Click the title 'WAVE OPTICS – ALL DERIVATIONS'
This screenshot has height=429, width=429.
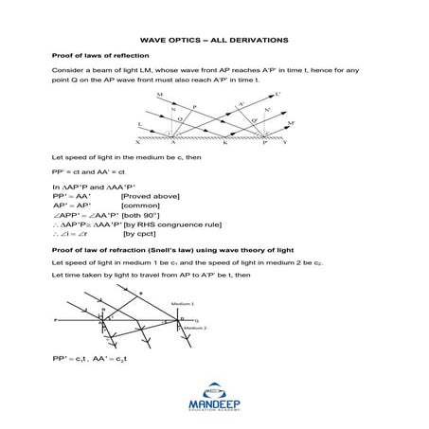coord(214,41)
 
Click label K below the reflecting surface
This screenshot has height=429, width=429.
coord(224,143)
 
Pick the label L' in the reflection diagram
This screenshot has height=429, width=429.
coord(277,94)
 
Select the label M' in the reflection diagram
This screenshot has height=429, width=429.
coord(290,124)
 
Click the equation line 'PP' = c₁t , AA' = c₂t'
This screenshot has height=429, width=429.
coord(99,361)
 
